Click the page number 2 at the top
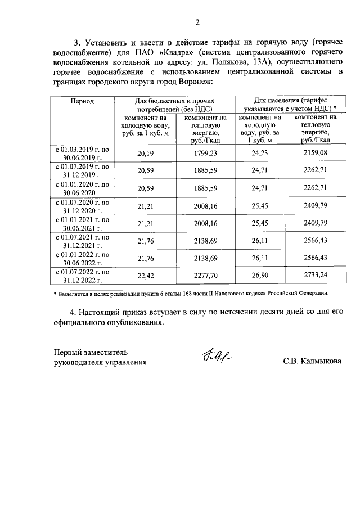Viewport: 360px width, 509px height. pyautogui.click(x=197, y=23)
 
